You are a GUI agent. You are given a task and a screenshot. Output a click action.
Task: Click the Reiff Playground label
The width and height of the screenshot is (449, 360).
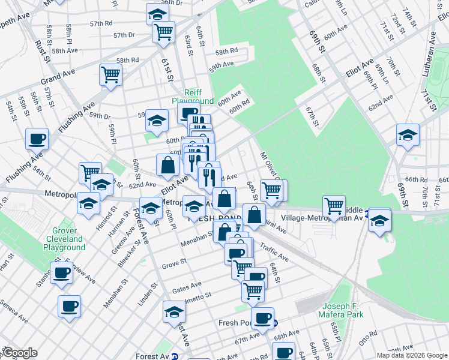pos(192,96)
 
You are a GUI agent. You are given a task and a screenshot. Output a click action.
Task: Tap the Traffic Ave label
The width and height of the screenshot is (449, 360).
pos(274,253)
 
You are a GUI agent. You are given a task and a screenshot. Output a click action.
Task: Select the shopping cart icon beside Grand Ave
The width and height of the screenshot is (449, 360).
pos(111,75)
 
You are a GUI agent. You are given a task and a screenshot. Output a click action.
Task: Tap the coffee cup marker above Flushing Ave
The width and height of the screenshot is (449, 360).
pos(37,139)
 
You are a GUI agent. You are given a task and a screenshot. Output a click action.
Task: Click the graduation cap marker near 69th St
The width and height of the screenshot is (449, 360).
pos(408,134)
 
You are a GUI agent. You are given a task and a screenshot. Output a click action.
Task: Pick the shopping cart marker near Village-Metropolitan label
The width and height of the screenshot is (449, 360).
pos(334,205)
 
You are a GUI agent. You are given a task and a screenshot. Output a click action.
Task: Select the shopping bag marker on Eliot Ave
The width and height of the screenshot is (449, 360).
pos(166,164)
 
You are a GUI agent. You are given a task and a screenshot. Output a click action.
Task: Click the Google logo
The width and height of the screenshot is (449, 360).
pos(19,353)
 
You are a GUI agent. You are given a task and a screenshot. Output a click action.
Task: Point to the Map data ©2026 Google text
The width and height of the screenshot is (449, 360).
pos(412,355)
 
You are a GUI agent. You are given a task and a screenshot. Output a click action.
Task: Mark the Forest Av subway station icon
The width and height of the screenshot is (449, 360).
pos(175,356)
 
